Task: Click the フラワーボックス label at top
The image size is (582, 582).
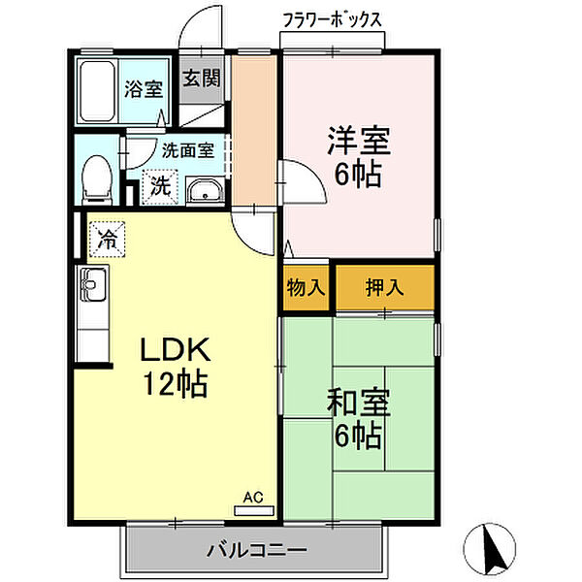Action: (x=332, y=19)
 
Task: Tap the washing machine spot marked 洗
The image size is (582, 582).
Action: (x=158, y=185)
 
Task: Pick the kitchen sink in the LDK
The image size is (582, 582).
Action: (x=94, y=286)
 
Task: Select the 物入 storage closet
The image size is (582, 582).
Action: (x=306, y=287)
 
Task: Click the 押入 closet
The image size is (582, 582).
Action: (x=384, y=287)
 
